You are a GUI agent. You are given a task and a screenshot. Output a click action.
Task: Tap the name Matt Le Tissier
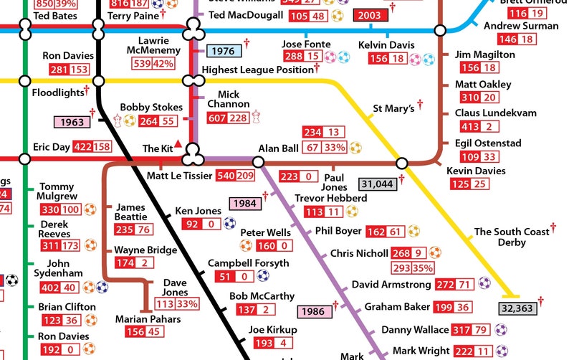(x=179, y=176)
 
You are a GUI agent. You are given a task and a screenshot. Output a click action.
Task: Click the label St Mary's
(x=393, y=109)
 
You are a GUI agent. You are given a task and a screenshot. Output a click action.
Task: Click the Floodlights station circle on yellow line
(x=24, y=80)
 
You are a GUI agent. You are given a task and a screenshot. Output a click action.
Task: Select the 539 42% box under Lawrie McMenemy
(x=153, y=64)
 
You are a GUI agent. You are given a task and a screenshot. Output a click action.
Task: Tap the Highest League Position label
(x=257, y=70)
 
